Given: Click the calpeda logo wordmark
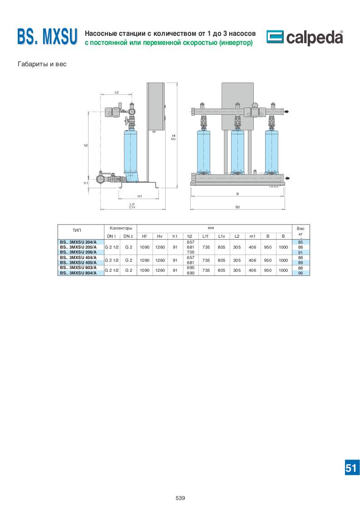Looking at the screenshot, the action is click(314, 38).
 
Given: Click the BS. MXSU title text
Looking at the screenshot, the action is click(47, 36).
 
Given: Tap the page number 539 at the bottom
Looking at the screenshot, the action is click(180, 498).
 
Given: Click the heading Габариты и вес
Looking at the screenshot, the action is click(42, 64).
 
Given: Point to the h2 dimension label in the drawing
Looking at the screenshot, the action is click(86, 146).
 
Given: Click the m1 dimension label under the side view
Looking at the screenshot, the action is click(140, 196).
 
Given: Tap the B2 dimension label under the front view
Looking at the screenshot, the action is click(237, 207).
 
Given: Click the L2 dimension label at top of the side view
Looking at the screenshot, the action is click(117, 92).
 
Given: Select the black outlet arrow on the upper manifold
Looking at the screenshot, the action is click(286, 112).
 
